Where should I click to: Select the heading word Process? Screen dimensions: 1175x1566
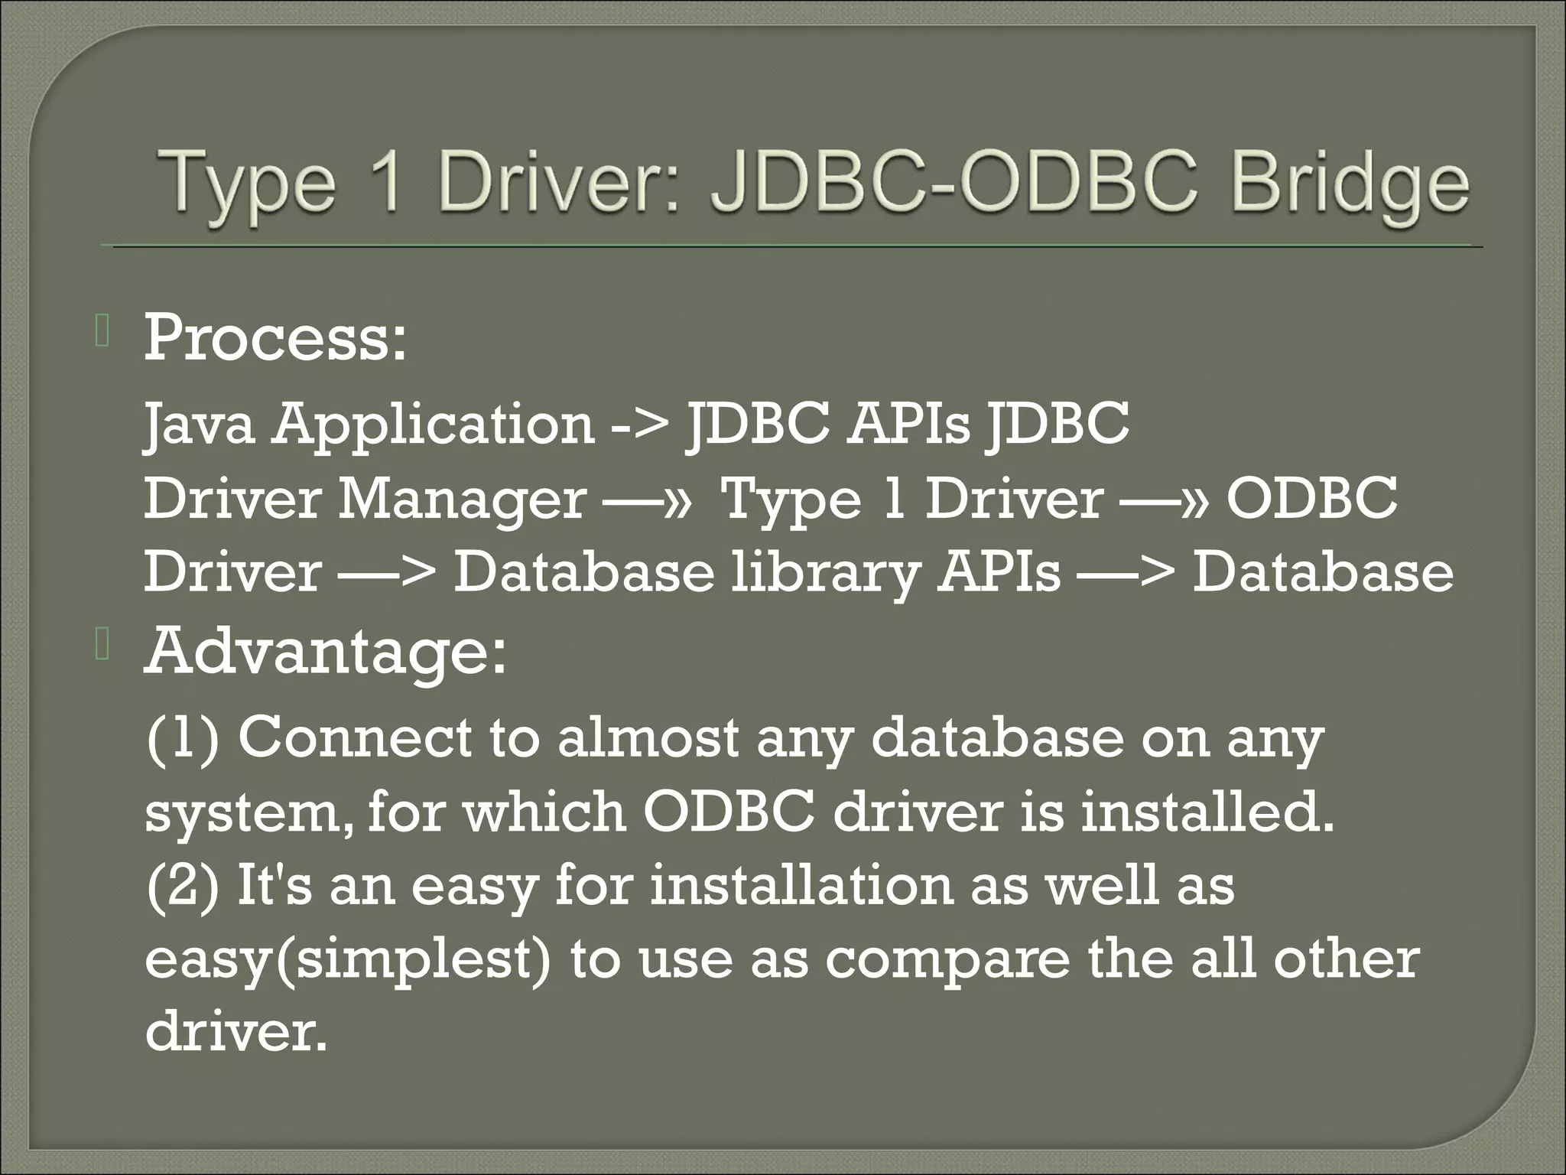(x=275, y=338)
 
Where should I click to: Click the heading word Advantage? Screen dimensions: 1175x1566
(x=326, y=652)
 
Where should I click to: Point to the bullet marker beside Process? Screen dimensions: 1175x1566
(x=103, y=334)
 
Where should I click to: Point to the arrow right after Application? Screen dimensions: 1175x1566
(x=639, y=426)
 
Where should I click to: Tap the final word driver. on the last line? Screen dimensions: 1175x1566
(x=236, y=1032)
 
